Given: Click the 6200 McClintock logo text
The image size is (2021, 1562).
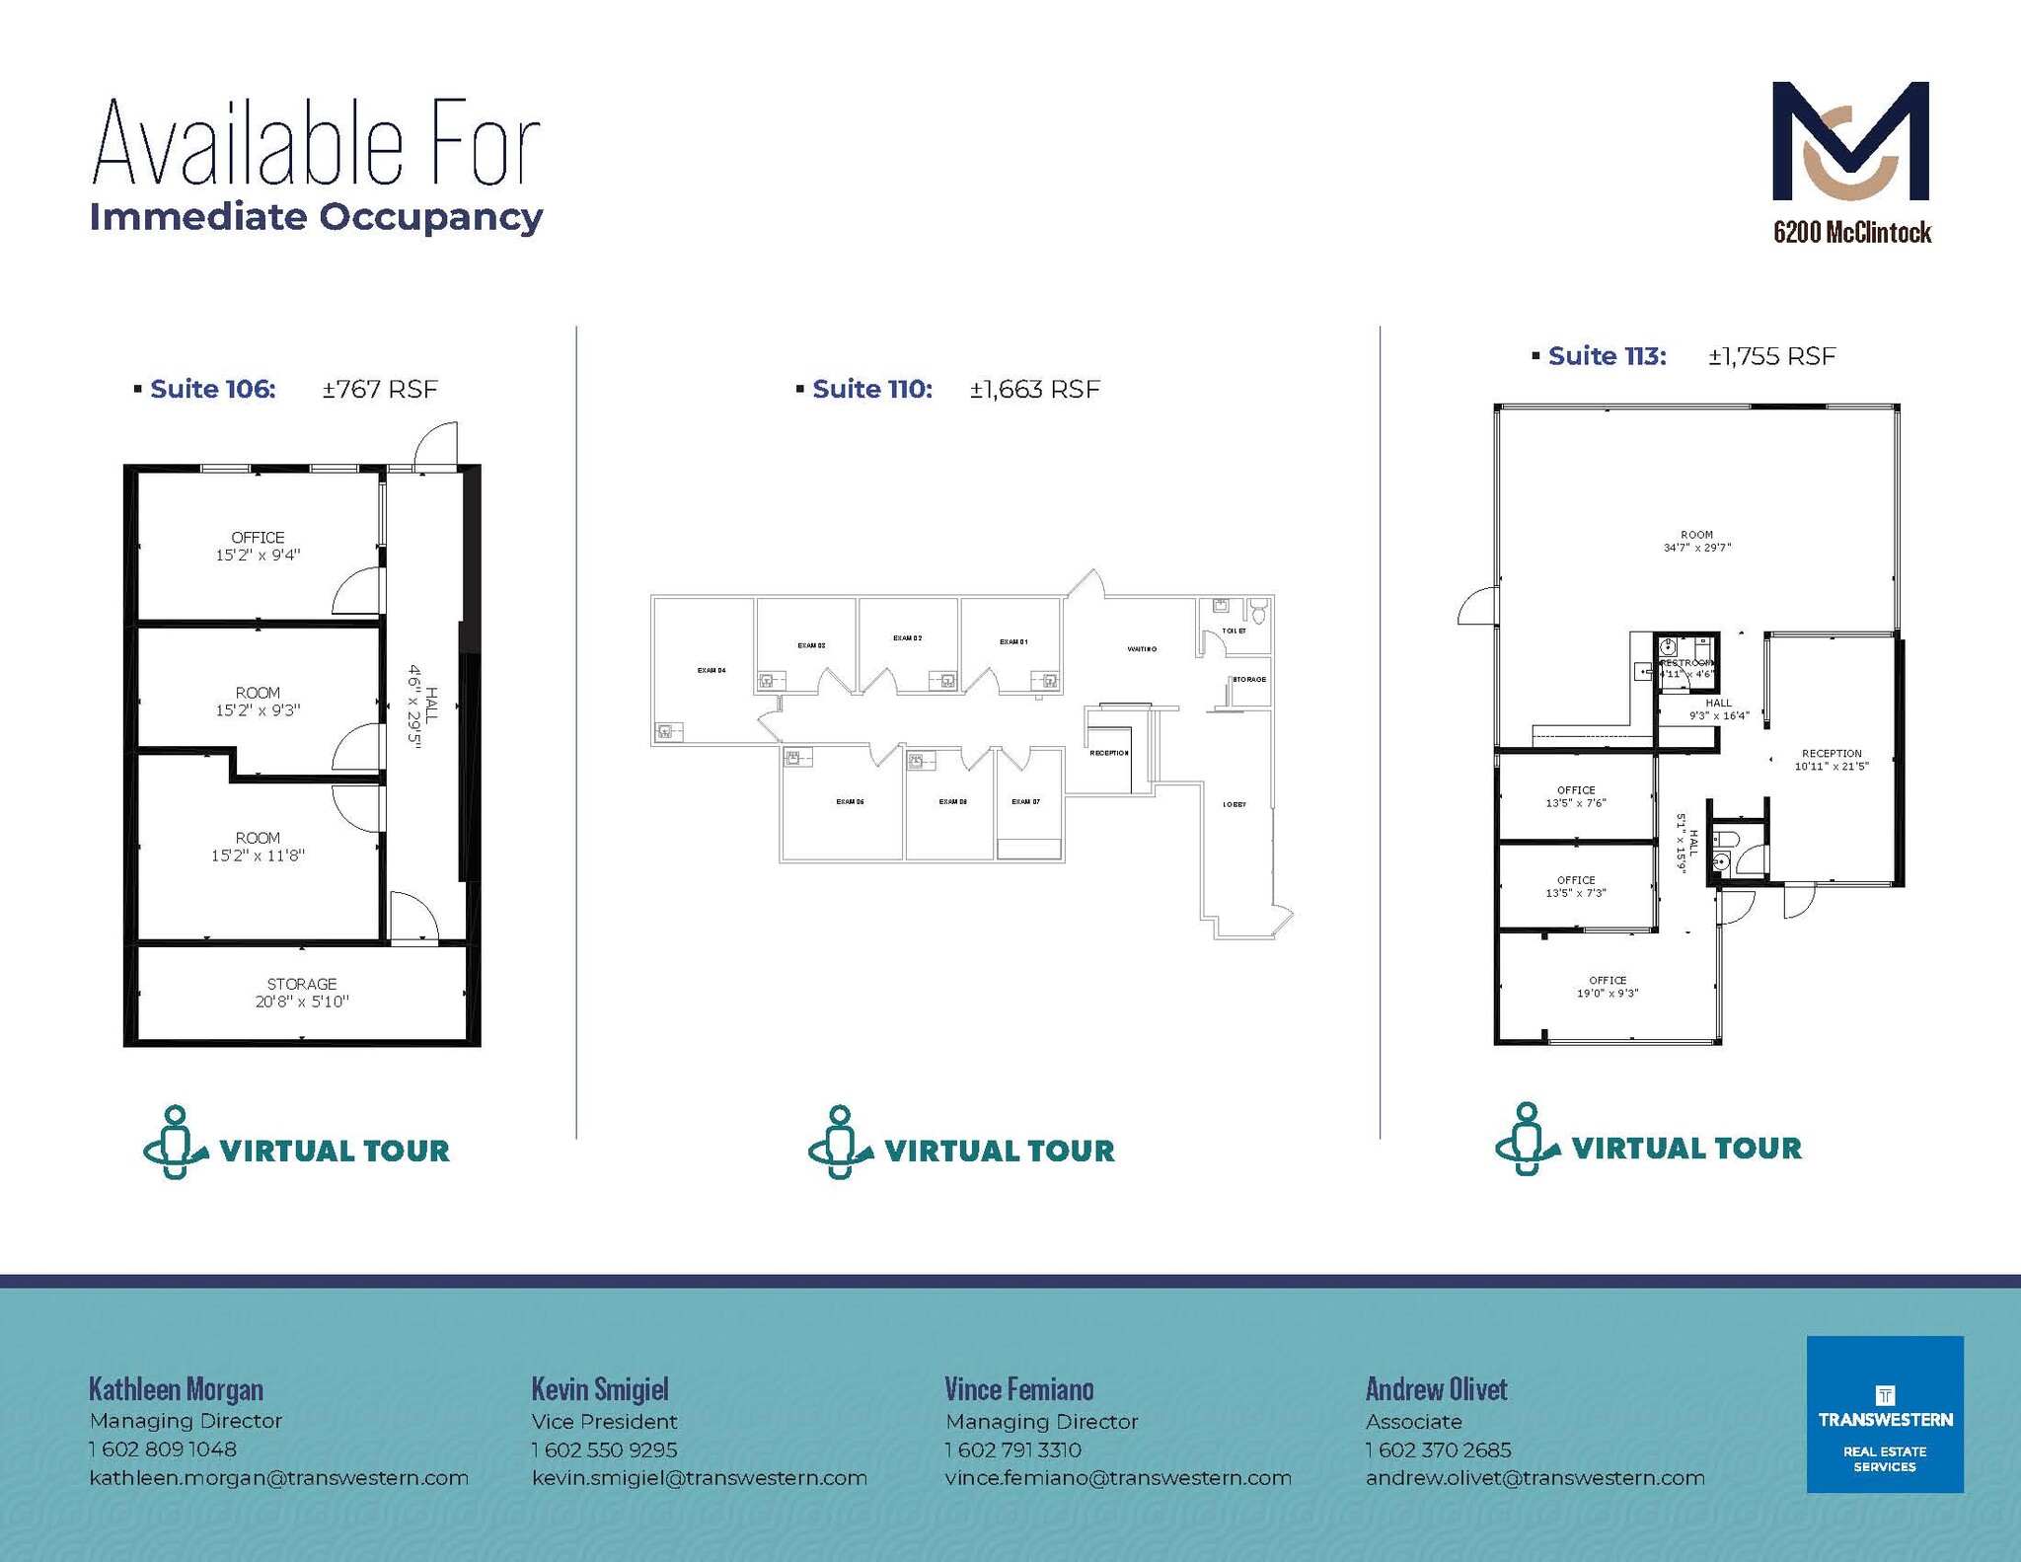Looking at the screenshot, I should pyautogui.click(x=1851, y=233).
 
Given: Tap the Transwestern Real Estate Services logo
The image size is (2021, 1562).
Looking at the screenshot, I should pyautogui.click(x=1884, y=1414).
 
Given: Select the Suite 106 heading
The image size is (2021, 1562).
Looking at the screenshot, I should pyautogui.click(x=212, y=389).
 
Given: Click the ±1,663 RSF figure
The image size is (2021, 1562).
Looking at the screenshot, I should pyautogui.click(x=1034, y=389).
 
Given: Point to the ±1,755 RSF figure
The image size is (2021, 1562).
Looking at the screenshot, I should pyautogui.click(x=1771, y=356).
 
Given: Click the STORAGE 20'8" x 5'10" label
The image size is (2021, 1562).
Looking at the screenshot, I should pyautogui.click(x=302, y=993).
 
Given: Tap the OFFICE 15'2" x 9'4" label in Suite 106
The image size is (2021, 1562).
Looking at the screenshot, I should pyautogui.click(x=258, y=546).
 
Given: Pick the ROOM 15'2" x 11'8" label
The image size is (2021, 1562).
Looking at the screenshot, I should pyautogui.click(x=258, y=847).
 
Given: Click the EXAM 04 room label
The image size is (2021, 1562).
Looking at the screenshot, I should pyautogui.click(x=711, y=671).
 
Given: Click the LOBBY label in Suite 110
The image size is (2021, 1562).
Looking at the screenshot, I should pyautogui.click(x=1235, y=805).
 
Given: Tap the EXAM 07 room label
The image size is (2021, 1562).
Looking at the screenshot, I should pyautogui.click(x=1025, y=802).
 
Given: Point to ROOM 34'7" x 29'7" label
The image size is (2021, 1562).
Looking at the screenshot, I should pyautogui.click(x=1696, y=541).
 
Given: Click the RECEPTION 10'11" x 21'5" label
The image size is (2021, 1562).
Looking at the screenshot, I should pyautogui.click(x=1832, y=759).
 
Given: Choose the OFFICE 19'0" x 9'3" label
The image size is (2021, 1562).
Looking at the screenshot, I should pyautogui.click(x=1608, y=987).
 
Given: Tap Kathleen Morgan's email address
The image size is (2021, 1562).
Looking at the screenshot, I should pyautogui.click(x=278, y=1478).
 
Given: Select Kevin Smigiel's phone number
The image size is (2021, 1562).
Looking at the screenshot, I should pyautogui.click(x=604, y=1450).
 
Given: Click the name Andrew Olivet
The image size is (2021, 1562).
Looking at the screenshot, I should pyautogui.click(x=1436, y=1389).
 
